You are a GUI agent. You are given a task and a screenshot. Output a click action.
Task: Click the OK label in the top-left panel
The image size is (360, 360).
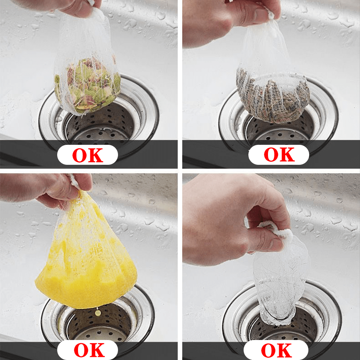pyautogui.click(x=87, y=155)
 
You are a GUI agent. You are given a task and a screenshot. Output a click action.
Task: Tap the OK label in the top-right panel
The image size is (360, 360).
pyautogui.click(x=278, y=155)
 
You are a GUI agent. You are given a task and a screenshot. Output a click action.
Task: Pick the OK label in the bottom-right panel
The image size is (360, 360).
pyautogui.click(x=278, y=350)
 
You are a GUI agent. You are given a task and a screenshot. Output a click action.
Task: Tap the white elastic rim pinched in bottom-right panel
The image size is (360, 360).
pyautogui.click(x=276, y=232)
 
